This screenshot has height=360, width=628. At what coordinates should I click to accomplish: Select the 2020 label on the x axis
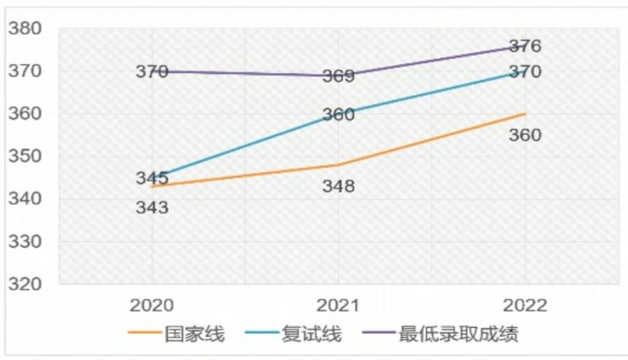click(152, 305)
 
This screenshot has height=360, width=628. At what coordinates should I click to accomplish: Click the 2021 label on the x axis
click(338, 305)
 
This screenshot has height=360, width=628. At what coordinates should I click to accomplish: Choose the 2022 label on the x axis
click(525, 305)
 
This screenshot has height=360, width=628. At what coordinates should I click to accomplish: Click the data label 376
click(525, 47)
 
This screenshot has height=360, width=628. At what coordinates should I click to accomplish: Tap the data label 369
click(338, 76)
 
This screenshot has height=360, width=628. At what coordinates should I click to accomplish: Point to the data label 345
click(152, 178)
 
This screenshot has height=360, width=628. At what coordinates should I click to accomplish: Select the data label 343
click(152, 207)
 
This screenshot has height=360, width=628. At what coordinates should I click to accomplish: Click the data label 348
click(338, 186)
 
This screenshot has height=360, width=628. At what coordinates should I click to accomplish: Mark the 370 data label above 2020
click(152, 72)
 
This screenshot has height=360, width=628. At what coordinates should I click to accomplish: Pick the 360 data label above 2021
click(338, 115)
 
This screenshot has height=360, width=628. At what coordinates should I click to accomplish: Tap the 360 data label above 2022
click(525, 135)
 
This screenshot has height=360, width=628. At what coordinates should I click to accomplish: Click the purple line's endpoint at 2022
click(525, 47)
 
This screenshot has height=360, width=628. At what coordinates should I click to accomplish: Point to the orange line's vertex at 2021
click(338, 165)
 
